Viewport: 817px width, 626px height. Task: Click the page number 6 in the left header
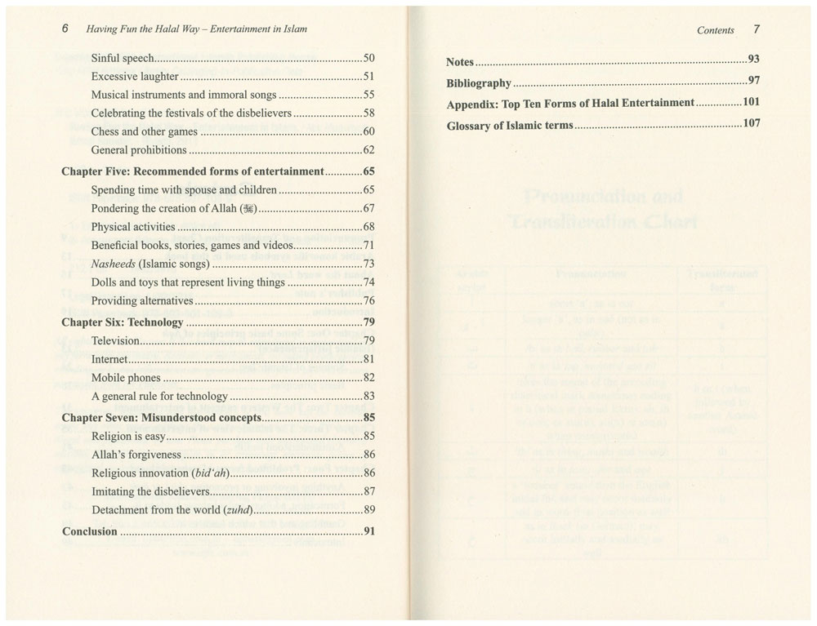click(x=65, y=29)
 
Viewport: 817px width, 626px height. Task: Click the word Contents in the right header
click(x=716, y=30)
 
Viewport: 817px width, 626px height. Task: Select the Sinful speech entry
click(x=123, y=59)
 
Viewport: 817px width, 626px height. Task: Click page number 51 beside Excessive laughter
click(x=368, y=77)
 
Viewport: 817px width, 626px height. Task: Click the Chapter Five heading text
click(x=194, y=171)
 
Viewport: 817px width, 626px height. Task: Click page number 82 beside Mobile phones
click(x=368, y=377)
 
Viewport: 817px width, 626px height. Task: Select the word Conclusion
click(x=90, y=531)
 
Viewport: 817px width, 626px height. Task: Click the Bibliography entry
click(x=479, y=83)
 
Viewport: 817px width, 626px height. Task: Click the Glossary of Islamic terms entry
click(x=511, y=127)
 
